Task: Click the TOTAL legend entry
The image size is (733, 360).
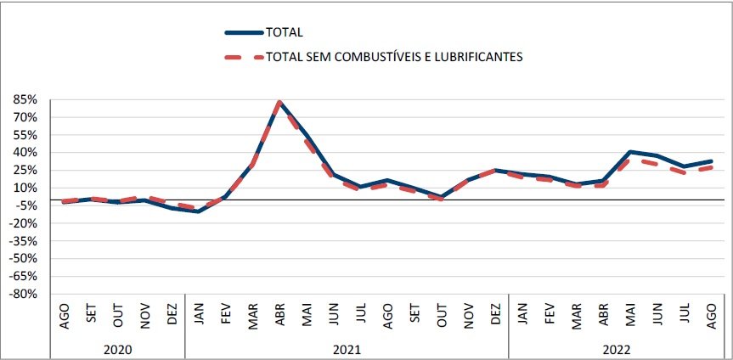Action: (285, 32)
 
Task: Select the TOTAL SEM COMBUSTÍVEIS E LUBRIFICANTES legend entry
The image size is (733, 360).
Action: (394, 57)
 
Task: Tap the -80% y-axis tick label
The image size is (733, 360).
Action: (23, 294)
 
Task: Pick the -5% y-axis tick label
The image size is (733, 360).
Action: (25, 205)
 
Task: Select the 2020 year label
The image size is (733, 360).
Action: (117, 348)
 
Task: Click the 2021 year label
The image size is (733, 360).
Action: (346, 348)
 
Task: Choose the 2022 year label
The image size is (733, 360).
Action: (616, 348)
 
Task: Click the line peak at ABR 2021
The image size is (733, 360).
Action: (279, 103)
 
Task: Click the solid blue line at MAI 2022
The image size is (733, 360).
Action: (630, 152)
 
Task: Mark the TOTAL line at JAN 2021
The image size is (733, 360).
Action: (199, 211)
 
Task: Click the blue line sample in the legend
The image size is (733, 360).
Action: (242, 32)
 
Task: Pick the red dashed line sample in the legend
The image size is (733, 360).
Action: (242, 57)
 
